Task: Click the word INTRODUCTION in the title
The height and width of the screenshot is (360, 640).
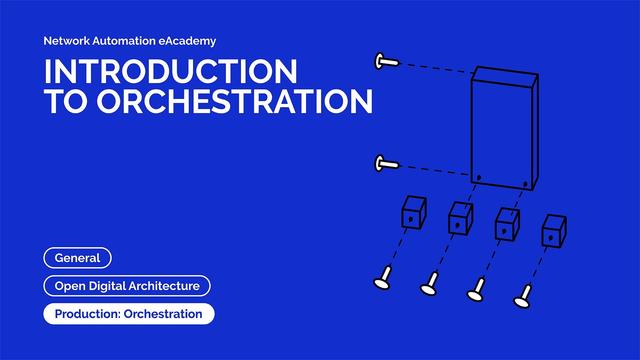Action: (x=171, y=72)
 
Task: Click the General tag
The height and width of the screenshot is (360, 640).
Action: (x=77, y=258)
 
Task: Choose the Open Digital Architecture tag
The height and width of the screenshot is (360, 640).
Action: (x=127, y=286)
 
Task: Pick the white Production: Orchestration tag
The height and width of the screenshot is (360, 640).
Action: (x=128, y=314)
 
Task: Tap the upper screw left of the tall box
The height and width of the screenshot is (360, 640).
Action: (x=386, y=62)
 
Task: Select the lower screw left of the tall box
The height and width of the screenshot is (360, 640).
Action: (x=386, y=163)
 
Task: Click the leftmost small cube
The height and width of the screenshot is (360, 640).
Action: (x=414, y=213)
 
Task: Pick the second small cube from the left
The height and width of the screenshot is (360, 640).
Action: (x=460, y=217)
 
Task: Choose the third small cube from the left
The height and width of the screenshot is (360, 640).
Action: (x=507, y=222)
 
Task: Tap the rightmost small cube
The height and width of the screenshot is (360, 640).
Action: (x=553, y=231)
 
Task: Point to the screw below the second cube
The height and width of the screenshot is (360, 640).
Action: (x=429, y=287)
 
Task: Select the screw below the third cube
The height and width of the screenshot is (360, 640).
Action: (x=475, y=292)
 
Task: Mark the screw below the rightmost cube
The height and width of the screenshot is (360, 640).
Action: (x=521, y=296)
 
